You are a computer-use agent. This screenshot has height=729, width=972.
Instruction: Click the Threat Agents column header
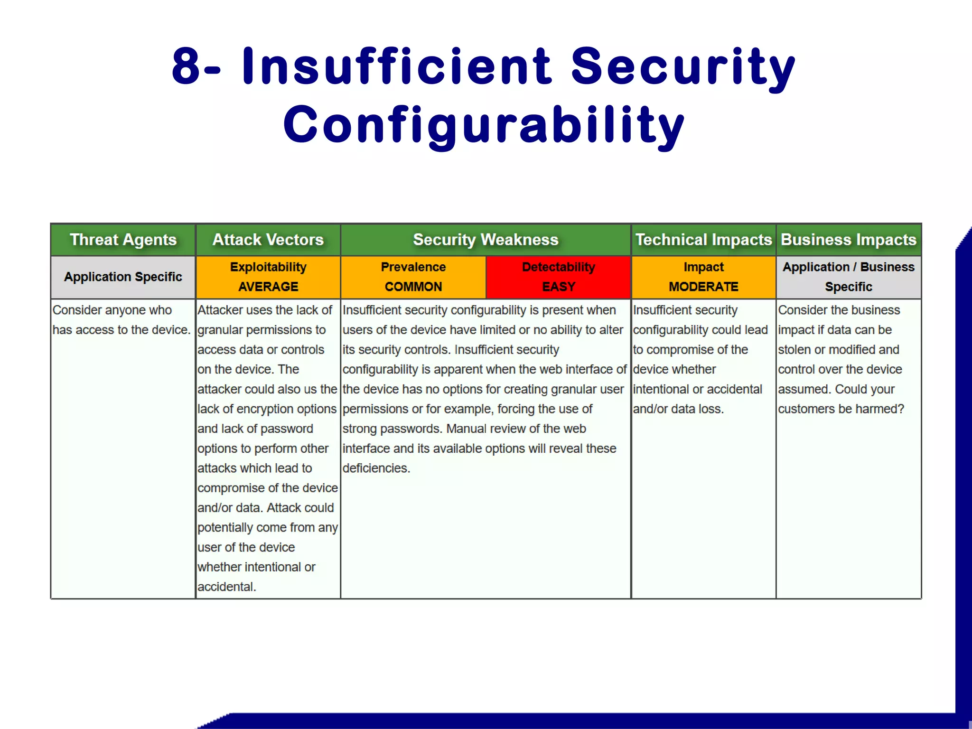pos(123,240)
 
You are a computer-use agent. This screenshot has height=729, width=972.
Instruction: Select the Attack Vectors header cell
pos(268,240)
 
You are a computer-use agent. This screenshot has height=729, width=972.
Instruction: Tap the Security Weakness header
pos(486,240)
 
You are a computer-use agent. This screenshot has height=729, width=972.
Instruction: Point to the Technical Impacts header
pos(703,240)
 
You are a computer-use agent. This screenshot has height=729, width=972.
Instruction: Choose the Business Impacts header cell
pos(849,240)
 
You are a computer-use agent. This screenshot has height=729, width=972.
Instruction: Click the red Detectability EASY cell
pos(558,277)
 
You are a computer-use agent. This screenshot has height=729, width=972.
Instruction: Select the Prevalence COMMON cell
pos(413,277)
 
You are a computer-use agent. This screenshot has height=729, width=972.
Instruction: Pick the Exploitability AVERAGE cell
pos(268,277)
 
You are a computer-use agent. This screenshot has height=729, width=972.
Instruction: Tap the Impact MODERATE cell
pos(703,277)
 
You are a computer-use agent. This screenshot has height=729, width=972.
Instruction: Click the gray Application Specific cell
pos(123,277)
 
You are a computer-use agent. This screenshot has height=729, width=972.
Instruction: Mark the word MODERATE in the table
pos(703,287)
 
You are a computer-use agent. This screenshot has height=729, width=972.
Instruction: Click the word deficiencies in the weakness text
pos(375,468)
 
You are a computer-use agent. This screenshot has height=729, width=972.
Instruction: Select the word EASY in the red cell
pos(559,287)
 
